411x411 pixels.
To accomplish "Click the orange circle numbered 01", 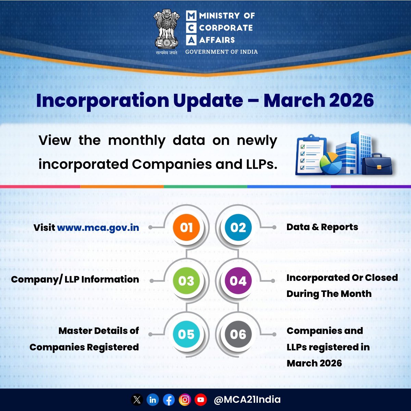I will coord(186,227).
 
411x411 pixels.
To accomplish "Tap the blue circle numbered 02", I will coord(238,227).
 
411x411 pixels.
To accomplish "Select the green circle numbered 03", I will coord(186,281).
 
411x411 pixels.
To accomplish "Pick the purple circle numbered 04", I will coord(238,281).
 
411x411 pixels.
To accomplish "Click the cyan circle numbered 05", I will coord(186,334).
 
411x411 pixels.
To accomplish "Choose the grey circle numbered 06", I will coord(238,334).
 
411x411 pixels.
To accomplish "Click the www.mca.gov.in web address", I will coord(98,228).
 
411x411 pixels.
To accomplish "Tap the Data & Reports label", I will coord(322,227).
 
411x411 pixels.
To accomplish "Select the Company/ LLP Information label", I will coord(75,279).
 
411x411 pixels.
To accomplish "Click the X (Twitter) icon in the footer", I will coord(137,400).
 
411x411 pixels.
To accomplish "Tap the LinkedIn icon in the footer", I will coord(153,400).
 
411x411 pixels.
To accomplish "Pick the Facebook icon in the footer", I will coord(169,400).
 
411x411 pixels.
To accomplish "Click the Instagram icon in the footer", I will coord(185,400).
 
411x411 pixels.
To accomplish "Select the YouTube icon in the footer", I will coord(201,400).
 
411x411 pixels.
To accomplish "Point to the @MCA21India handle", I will coord(247,399).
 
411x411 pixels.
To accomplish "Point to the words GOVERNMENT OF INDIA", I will coord(221,52).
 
